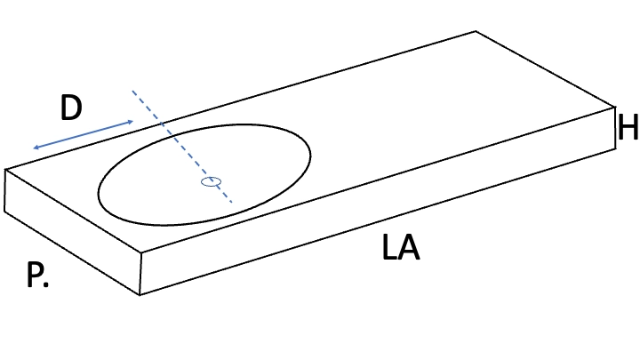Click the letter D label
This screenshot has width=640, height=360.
(71, 108)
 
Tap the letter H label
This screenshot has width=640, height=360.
(628, 127)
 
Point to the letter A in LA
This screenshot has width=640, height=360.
(409, 247)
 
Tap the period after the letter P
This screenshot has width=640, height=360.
(45, 284)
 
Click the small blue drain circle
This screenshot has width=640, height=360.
(211, 181)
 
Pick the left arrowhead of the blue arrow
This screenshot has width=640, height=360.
(36, 148)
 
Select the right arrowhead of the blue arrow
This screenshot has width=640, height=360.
(131, 122)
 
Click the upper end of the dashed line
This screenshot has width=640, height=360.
(132, 91)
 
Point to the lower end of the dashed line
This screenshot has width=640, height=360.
(231, 202)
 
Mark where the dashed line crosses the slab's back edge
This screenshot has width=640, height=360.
(162, 124)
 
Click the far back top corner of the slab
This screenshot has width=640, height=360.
(476, 31)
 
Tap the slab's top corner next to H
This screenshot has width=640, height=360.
(615, 108)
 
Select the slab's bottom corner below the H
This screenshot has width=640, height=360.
(615, 149)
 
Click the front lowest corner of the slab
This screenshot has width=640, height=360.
(140, 295)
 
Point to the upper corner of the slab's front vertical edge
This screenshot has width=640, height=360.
(141, 252)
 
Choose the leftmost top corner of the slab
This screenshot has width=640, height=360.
(5, 170)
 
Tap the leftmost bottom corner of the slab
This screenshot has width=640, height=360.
(4, 212)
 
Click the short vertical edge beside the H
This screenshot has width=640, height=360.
(615, 128)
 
